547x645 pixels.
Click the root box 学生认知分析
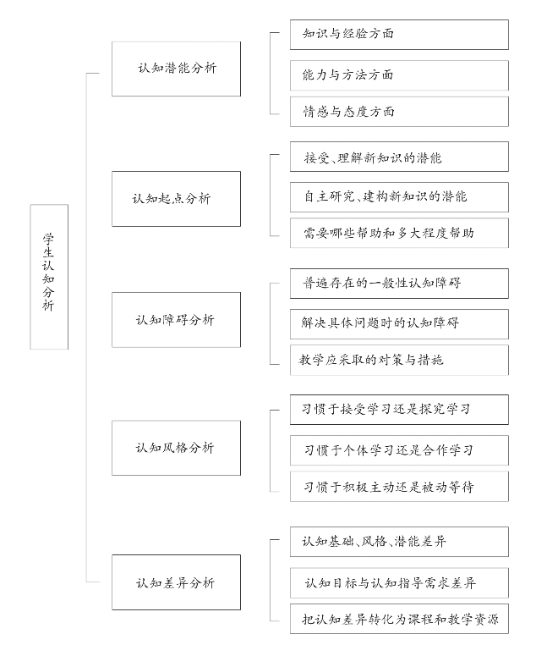tap(49, 277)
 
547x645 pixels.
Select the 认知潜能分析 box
tap(176, 69)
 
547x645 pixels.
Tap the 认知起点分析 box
tap(176, 199)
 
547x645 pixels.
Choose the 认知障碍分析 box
tap(176, 320)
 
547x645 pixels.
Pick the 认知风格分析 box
tap(176, 448)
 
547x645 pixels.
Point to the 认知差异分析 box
tap(176, 582)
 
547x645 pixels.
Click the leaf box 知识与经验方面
tap(399, 35)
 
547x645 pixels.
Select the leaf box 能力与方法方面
tap(399, 75)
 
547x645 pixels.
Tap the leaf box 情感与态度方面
tap(399, 112)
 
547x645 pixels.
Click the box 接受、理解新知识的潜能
tap(399, 157)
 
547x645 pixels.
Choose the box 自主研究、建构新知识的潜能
tap(399, 196)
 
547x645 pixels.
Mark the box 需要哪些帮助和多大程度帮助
tap(399, 233)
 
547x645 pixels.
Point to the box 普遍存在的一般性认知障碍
tap(399, 283)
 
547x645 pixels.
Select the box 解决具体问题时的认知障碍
tap(399, 323)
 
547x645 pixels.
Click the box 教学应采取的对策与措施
tap(399, 360)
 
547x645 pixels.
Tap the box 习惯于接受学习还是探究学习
tap(399, 410)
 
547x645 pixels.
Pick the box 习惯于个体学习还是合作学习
tap(399, 450)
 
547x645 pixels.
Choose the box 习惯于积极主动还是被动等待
tap(399, 487)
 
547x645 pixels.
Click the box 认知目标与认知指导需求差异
tap(399, 583)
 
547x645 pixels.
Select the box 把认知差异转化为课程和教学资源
tap(399, 620)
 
